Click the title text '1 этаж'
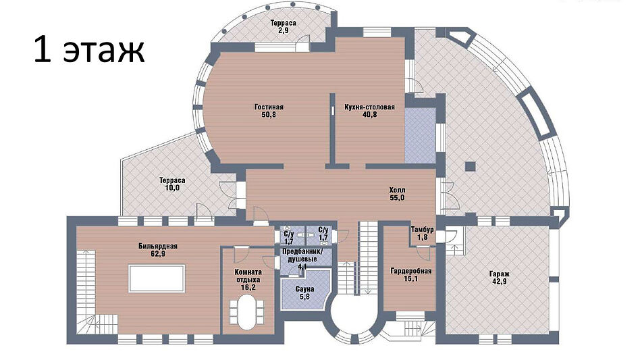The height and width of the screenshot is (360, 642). [x=89, y=49]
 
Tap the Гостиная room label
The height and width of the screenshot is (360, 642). [x=269, y=107]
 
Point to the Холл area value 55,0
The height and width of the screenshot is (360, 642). [x=397, y=198]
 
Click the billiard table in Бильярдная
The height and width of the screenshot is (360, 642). [x=157, y=278]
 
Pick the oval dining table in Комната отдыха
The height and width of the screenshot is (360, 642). [x=247, y=311]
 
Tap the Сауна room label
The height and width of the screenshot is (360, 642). [x=304, y=289]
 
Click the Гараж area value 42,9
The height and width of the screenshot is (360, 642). [x=500, y=282]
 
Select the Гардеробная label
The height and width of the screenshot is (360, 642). [x=410, y=271]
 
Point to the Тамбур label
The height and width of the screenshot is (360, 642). [x=422, y=230]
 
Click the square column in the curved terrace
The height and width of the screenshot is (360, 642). [x=470, y=167]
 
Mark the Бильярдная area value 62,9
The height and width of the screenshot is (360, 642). [x=158, y=254]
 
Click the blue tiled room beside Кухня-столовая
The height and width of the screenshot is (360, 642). [x=420, y=136]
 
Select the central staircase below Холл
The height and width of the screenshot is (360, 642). [x=368, y=257]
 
